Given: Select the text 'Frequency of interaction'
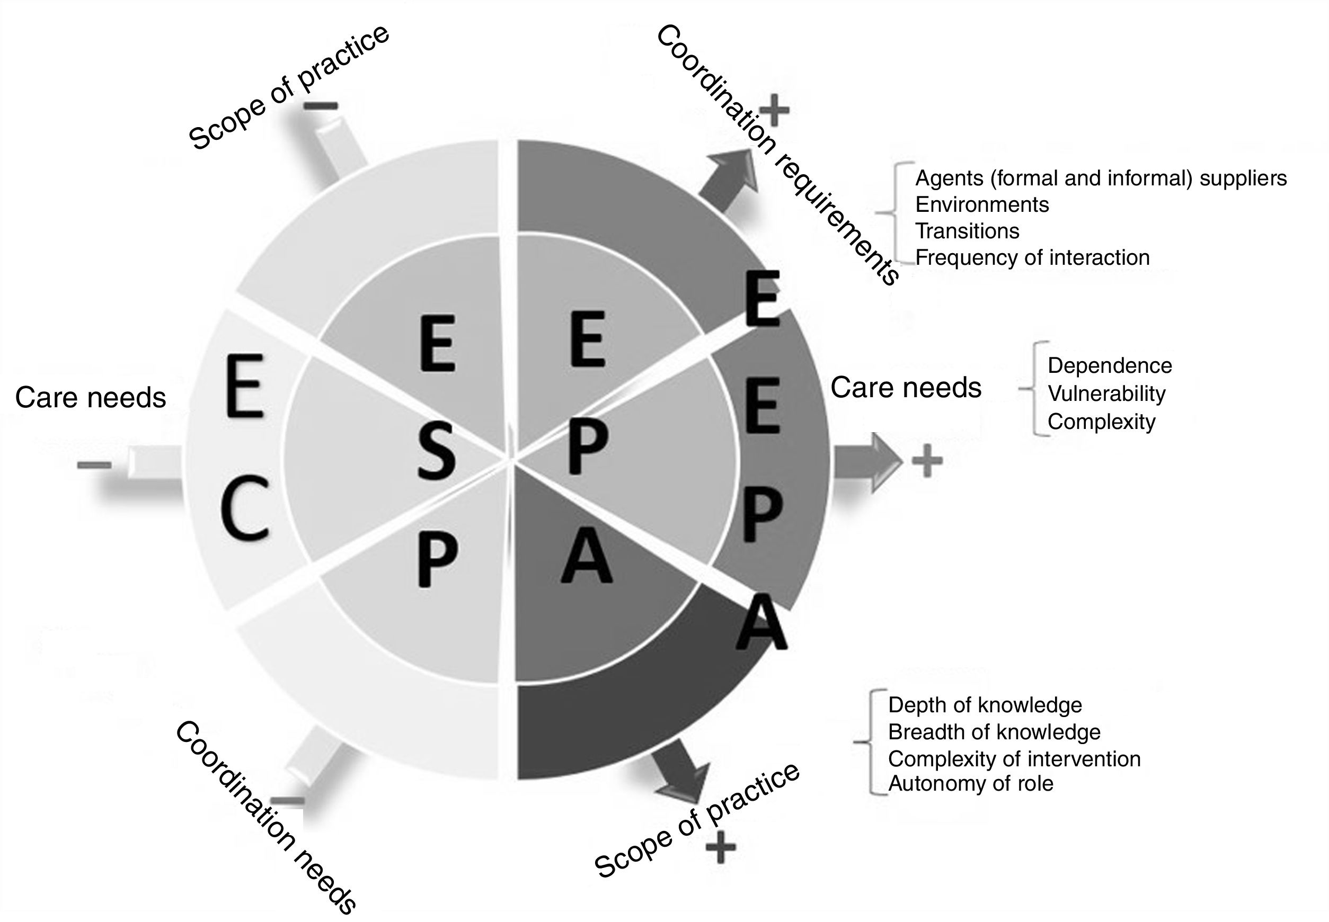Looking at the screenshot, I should click(x=1032, y=258).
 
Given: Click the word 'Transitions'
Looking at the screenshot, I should click(x=967, y=231).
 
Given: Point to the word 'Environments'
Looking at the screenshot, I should click(x=981, y=204).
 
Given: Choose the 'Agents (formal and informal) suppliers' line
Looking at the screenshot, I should click(x=1101, y=178).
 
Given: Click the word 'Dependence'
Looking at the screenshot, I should click(x=1109, y=366).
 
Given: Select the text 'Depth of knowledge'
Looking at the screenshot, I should click(x=985, y=705).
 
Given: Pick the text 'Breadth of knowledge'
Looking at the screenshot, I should click(x=994, y=732).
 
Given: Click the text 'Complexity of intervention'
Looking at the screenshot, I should click(x=1014, y=759).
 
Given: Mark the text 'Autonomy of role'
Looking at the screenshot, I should click(x=970, y=784).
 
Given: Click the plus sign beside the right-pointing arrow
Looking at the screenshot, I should click(x=927, y=461).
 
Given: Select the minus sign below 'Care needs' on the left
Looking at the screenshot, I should click(x=94, y=465).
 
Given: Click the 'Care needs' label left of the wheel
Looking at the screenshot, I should click(x=91, y=398).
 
